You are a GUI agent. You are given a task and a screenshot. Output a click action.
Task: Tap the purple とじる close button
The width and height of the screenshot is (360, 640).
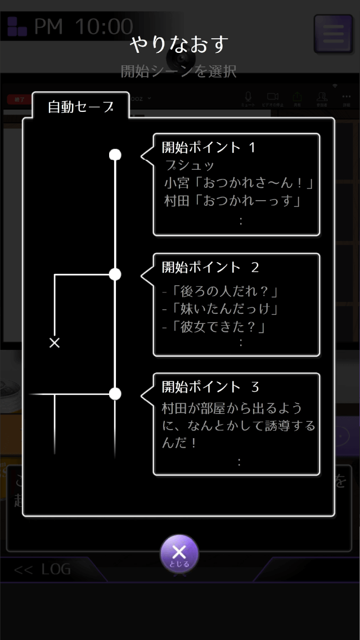point(179,553)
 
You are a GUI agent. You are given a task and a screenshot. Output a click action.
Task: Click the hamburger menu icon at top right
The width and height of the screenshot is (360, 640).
point(332,34)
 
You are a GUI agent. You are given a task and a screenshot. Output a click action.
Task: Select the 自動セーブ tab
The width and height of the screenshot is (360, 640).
point(80,107)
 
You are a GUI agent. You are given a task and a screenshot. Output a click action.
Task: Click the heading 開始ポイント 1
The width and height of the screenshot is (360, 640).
point(209,148)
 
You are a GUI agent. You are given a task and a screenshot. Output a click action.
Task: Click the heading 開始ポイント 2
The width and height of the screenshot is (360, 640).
point(210,268)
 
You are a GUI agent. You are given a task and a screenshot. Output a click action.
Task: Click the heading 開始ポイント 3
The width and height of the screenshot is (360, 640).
point(210,387)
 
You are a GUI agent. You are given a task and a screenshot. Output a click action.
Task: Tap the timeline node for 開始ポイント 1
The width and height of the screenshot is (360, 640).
point(115,155)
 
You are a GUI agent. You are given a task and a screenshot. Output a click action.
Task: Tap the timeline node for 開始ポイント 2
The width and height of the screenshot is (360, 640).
point(115,274)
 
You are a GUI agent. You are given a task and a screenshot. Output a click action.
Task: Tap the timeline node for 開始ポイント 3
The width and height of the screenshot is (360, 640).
point(115,394)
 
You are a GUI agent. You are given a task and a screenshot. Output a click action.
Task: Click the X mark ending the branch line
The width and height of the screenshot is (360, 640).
point(55,342)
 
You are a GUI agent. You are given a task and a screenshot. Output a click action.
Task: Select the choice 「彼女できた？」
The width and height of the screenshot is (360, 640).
point(213,326)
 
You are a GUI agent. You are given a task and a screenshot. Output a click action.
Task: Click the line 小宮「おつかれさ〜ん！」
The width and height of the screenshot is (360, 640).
point(238,183)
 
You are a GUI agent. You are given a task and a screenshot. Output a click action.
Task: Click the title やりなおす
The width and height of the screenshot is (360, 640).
point(179,44)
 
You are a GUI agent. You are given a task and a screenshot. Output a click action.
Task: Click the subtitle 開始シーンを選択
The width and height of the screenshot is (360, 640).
point(178,71)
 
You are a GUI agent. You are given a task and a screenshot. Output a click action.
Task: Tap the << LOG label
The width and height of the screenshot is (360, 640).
point(43,570)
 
